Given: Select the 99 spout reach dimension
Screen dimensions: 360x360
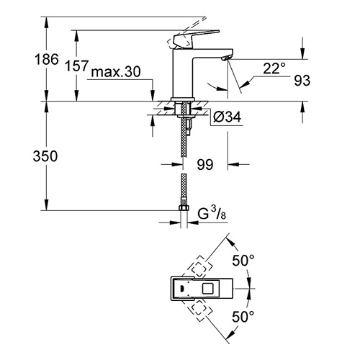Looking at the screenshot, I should pyautogui.click(x=204, y=166).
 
